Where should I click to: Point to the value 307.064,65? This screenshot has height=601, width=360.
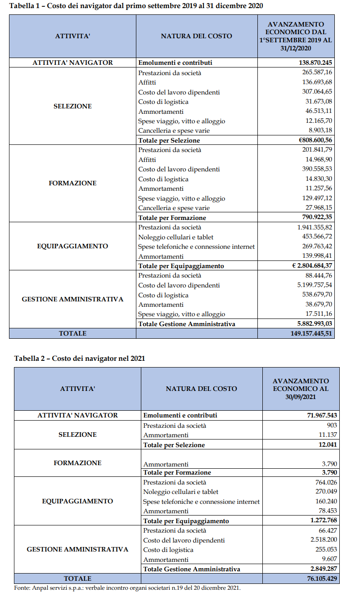(316, 92)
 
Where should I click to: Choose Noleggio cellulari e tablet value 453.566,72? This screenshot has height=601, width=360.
(316, 237)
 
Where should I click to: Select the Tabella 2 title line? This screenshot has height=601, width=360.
(80, 359)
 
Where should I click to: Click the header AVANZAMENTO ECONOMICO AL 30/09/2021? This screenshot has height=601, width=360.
(301, 388)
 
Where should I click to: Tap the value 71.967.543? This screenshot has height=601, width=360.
(319, 415)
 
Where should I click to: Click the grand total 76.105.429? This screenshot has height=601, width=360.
(319, 579)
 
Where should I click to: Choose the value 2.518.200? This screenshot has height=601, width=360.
(324, 540)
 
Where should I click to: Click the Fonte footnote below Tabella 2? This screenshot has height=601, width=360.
(127, 588)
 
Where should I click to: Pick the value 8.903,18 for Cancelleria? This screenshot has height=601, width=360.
(319, 130)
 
